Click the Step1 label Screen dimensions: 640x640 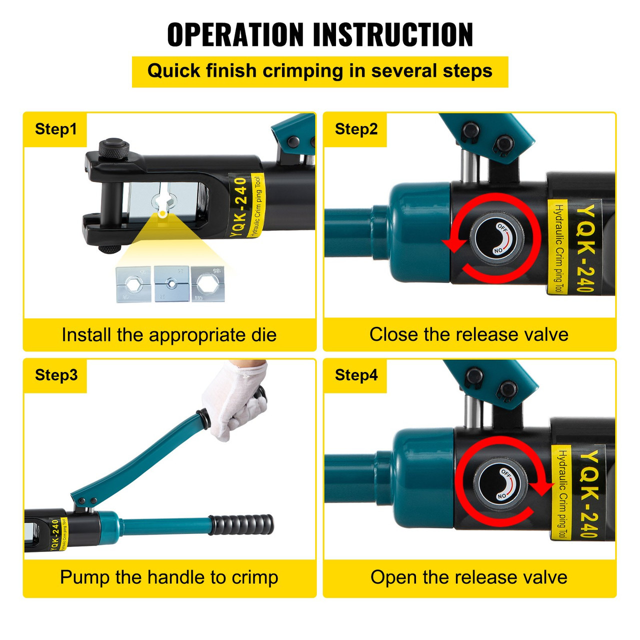tap(55, 129)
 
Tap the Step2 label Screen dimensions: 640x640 tap(356, 129)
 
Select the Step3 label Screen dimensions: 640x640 tap(56, 375)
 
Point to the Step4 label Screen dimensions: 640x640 tap(356, 375)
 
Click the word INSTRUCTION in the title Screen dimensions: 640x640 tap(393, 35)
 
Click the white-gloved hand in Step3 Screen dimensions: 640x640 tap(235, 400)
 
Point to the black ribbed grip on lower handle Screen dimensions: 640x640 tap(242, 525)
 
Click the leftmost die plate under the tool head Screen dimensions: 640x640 tap(133, 284)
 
